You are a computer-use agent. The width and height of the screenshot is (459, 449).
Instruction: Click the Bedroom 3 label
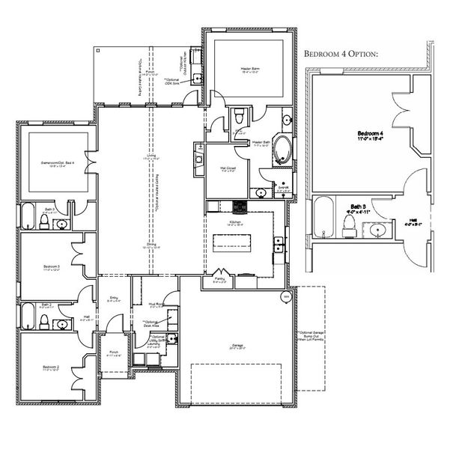pyautogui.click(x=51, y=267)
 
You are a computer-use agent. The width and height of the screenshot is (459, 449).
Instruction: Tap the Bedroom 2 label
pyautogui.click(x=51, y=367)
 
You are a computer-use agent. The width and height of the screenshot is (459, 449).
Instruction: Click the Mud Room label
pyautogui.click(x=156, y=305)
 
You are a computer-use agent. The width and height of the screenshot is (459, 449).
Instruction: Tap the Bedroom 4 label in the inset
pyautogui.click(x=371, y=135)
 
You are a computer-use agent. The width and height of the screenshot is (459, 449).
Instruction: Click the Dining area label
pyautogui.click(x=151, y=245)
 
